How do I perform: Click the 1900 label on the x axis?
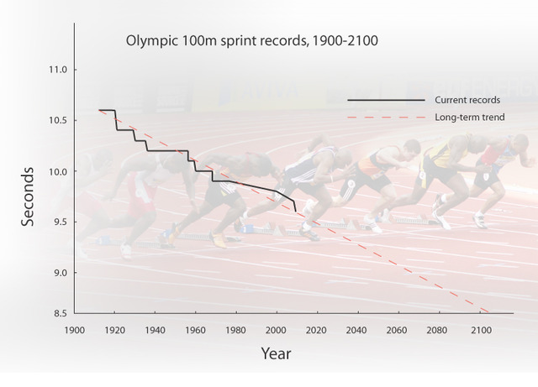pos(74,330)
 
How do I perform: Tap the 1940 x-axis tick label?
pos(155,330)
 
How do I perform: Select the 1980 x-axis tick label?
pos(236,330)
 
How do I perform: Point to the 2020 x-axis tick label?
pos(318,330)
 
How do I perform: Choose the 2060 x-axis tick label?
pos(399,330)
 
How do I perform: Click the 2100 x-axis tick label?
pos(481,330)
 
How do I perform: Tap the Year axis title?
pos(276,353)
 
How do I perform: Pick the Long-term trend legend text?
pos(469,118)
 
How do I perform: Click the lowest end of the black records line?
pos(295,212)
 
